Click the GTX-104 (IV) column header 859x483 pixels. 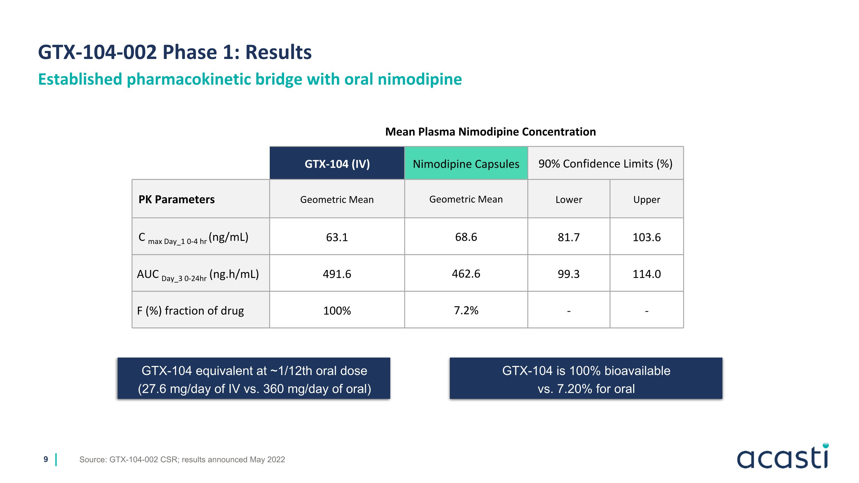[337, 164]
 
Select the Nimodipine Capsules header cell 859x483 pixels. [466, 164]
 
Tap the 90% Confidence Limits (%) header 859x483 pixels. [605, 164]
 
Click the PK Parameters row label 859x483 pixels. [176, 199]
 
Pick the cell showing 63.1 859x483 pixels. [337, 237]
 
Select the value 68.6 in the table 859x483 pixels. [466, 237]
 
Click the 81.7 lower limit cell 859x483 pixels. [569, 237]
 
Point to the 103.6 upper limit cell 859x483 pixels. [646, 237]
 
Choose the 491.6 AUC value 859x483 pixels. [337, 274]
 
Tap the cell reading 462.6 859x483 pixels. [466, 274]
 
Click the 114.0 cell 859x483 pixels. [646, 274]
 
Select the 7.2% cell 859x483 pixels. [466, 310]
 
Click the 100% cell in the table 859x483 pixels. [337, 310]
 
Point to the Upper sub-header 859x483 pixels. [646, 199]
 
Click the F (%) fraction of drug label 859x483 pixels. [190, 310]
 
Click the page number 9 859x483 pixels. [46, 459]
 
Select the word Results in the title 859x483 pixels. [278, 52]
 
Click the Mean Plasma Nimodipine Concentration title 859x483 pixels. [490, 132]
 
